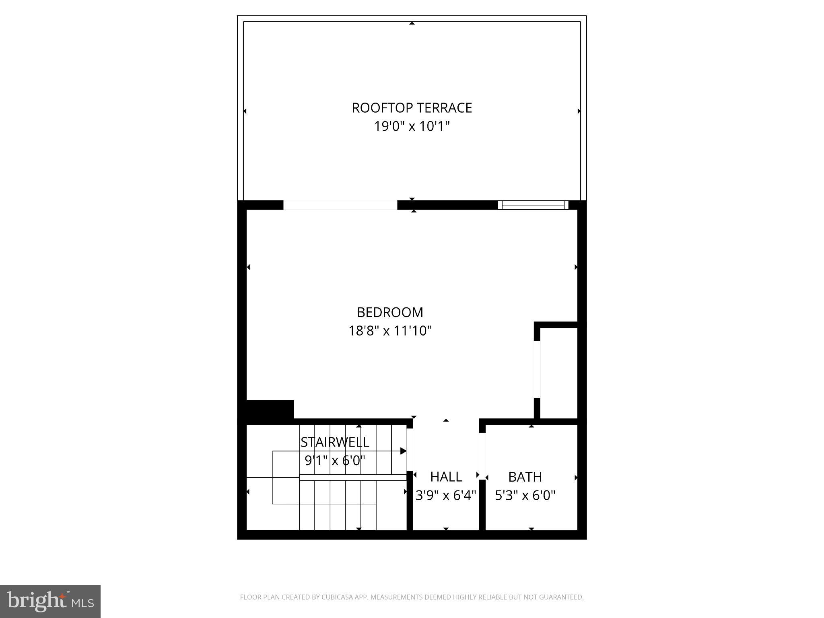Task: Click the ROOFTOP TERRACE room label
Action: pos(412,108)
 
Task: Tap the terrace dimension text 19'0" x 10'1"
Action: pos(412,126)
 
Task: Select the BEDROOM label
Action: pos(390,312)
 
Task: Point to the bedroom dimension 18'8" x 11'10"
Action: pos(390,331)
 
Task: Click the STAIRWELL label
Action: pos(335,442)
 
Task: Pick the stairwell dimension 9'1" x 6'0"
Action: pos(335,460)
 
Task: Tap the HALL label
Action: pos(446,477)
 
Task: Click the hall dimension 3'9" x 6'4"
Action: pos(446,495)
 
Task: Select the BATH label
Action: pos(525,477)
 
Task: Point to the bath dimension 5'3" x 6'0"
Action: pos(525,495)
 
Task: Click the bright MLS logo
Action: pos(50,602)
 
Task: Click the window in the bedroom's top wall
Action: pos(533,205)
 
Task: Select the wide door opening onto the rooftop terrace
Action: pos(340,205)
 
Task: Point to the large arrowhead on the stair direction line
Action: pos(403,451)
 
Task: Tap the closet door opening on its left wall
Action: pos(537,369)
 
